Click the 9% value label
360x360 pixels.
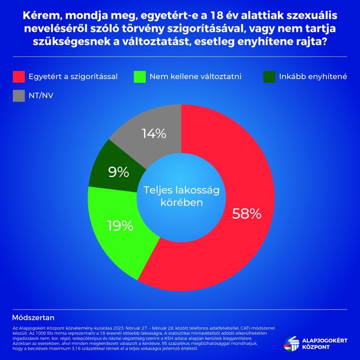(x=119, y=172)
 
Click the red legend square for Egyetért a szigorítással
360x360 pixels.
(x=18, y=77)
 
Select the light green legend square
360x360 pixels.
(x=142, y=77)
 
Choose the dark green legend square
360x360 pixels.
(x=269, y=77)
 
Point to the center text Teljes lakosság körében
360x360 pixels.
(x=181, y=196)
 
